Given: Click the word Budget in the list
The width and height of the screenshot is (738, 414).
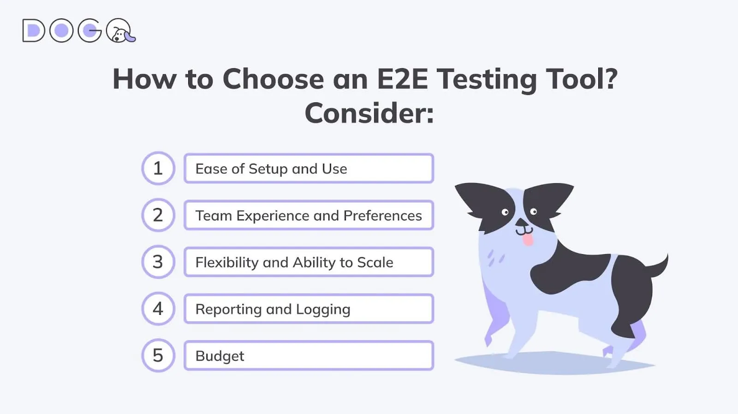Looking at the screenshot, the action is [220, 356].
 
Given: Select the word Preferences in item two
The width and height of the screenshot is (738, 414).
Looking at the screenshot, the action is [382, 216].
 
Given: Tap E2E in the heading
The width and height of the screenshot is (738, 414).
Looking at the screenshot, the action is [402, 79].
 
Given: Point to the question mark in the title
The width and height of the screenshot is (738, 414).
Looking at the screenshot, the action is [611, 79].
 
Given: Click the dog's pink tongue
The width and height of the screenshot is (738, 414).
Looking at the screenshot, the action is [528, 240].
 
